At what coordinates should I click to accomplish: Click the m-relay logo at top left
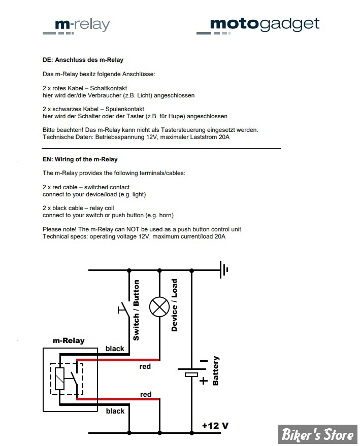pos(76,26)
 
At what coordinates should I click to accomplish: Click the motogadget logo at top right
pos(258,25)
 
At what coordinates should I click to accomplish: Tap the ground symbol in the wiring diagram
pos(224,269)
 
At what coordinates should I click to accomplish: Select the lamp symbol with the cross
pos(159,307)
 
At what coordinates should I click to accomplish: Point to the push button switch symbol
pos(124,309)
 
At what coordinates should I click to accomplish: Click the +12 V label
pos(215,426)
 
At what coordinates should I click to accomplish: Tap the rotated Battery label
pos(215,370)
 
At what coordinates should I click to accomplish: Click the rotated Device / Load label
pos(174,305)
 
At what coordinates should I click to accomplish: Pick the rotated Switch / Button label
pos(136,310)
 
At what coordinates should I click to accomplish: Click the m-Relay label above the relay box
pos(69,340)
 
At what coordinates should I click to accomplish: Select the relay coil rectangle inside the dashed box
pos(59,379)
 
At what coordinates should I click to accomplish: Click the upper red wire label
pos(145,366)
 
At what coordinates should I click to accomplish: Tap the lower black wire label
pos(115,411)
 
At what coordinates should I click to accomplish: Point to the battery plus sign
pos(203,381)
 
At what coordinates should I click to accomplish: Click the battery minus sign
pos(204,361)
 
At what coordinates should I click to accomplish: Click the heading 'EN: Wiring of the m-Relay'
pos(80,159)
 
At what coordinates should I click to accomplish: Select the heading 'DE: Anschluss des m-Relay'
pos(83,60)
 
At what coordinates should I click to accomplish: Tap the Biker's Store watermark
pos(317,435)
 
